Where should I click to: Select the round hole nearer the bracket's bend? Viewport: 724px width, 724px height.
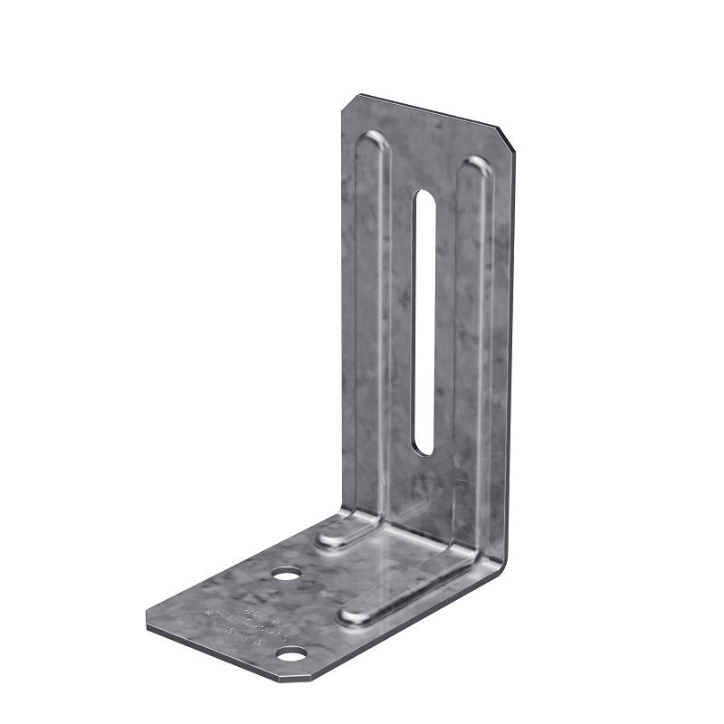point(287,574)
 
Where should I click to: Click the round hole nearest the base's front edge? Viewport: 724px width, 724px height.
point(291,653)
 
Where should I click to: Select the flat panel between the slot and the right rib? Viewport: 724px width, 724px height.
point(449,344)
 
